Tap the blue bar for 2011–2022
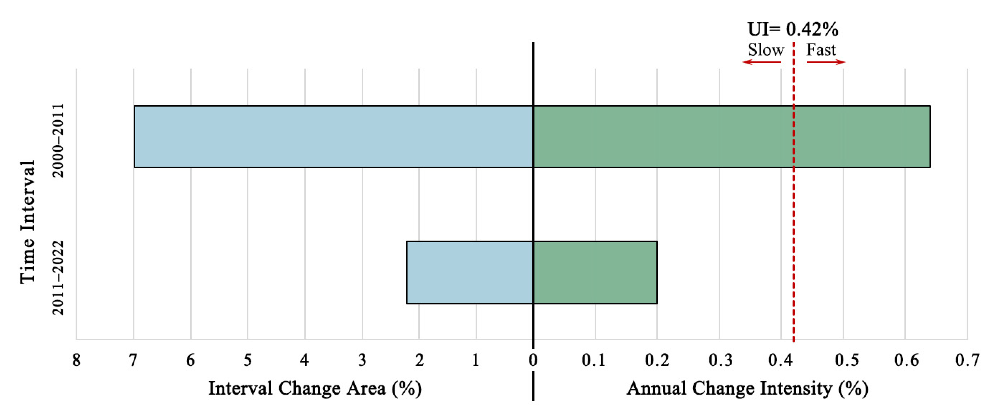click(470, 273)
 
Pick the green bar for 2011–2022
click(595, 273)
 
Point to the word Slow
click(765, 50)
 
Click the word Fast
click(821, 50)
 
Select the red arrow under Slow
click(761, 62)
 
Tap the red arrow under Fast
click(826, 62)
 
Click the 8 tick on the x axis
click(76, 360)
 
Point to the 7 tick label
click(133, 360)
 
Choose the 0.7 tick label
click(967, 360)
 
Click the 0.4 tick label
click(780, 360)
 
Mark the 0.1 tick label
click(594, 360)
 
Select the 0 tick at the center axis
click(533, 360)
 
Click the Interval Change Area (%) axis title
click(315, 388)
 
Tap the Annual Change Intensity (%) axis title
click(747, 388)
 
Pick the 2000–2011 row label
click(58, 140)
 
